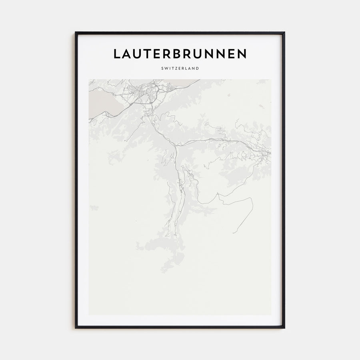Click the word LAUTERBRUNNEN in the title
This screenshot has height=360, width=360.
(x=180, y=54)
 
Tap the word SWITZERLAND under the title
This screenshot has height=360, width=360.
(x=180, y=68)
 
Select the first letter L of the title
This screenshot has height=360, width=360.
(x=117, y=54)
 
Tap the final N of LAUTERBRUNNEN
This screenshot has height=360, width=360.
(x=241, y=54)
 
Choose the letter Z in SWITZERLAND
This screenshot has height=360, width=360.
(x=176, y=68)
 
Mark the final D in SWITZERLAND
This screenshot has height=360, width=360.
(x=198, y=68)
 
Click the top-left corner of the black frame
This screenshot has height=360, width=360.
(x=76, y=33)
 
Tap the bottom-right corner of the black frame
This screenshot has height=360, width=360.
(x=284, y=328)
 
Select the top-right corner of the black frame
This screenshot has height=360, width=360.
(x=284, y=33)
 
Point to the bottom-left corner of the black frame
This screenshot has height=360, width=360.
(x=76, y=328)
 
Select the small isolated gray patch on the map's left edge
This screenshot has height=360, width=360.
(x=94, y=208)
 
